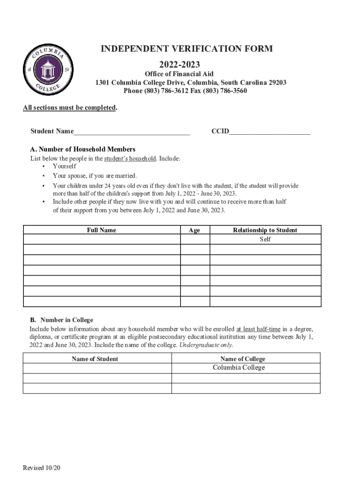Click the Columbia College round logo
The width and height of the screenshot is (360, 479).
[47, 69]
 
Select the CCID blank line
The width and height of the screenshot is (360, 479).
[270, 131]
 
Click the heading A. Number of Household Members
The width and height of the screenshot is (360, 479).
[83, 149]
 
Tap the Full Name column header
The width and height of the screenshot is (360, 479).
[101, 230]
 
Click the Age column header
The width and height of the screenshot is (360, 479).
[194, 230]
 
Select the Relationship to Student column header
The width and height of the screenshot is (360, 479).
[265, 230]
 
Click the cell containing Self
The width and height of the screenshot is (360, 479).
[265, 239]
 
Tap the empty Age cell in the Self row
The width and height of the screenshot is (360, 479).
[195, 239]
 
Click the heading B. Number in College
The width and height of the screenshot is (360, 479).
[62, 320]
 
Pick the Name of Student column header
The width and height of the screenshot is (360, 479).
[95, 359]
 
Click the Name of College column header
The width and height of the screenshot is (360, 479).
[243, 359]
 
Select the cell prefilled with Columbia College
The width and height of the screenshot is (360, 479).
[239, 368]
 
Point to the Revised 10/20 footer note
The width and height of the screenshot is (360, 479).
[42, 468]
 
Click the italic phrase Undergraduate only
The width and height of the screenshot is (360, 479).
[206, 345]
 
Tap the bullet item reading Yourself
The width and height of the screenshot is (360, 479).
[65, 166]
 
